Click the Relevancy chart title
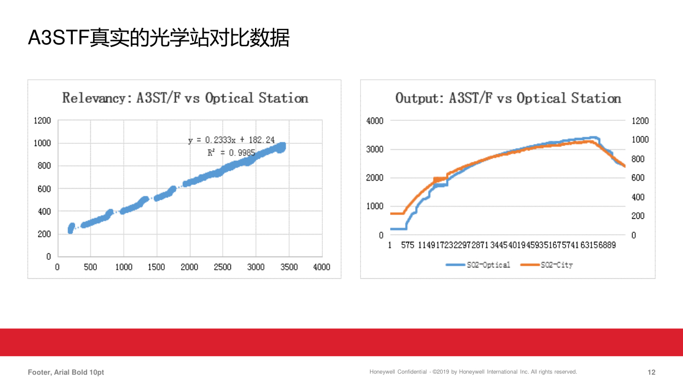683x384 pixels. (x=185, y=98)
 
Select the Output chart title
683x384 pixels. (x=508, y=98)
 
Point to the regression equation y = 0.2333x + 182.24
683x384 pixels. (x=231, y=141)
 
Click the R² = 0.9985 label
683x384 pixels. (x=231, y=153)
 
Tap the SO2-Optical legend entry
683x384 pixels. (x=478, y=265)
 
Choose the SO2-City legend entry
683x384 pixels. (x=547, y=265)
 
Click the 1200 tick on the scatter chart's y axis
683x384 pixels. (x=42, y=121)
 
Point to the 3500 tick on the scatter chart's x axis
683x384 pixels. (x=289, y=267)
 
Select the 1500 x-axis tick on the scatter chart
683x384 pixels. (x=157, y=267)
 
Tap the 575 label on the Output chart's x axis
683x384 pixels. (x=408, y=246)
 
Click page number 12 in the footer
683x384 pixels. (x=651, y=373)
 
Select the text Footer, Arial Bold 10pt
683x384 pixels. (x=66, y=373)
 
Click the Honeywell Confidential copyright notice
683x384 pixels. (x=473, y=372)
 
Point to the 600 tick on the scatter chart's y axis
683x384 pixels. (x=44, y=189)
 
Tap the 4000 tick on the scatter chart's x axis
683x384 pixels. (x=322, y=267)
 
